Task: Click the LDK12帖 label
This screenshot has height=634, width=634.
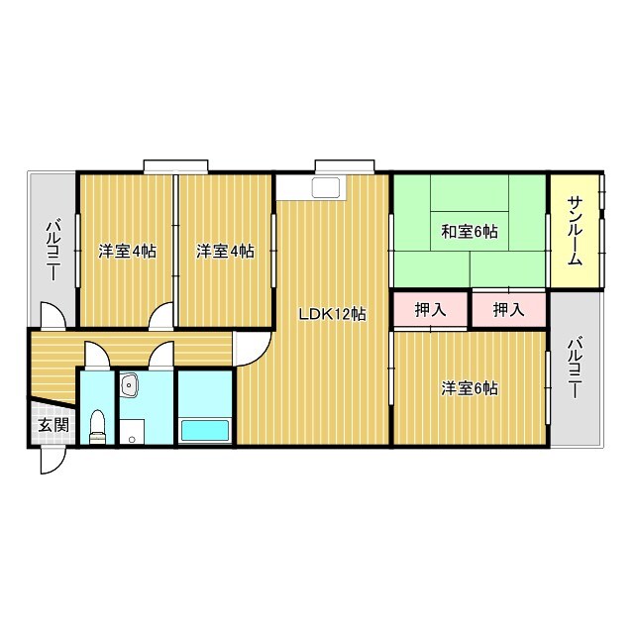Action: [333, 314]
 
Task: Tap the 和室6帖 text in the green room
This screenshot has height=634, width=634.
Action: [469, 232]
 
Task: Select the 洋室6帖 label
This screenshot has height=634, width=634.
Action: [469, 388]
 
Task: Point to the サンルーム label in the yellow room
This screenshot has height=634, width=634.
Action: [575, 232]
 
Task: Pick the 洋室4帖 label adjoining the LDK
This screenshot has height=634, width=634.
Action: [225, 252]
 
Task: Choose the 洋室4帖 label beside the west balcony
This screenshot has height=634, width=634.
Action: [128, 252]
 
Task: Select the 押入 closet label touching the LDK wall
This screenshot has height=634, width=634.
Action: [430, 310]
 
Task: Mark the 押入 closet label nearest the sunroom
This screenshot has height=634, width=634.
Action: [508, 310]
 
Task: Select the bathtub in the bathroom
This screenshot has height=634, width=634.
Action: [204, 431]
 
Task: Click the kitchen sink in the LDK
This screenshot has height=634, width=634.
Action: [326, 188]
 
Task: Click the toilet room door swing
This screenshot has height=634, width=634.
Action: [97, 356]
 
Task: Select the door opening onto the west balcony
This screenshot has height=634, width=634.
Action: [53, 315]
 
